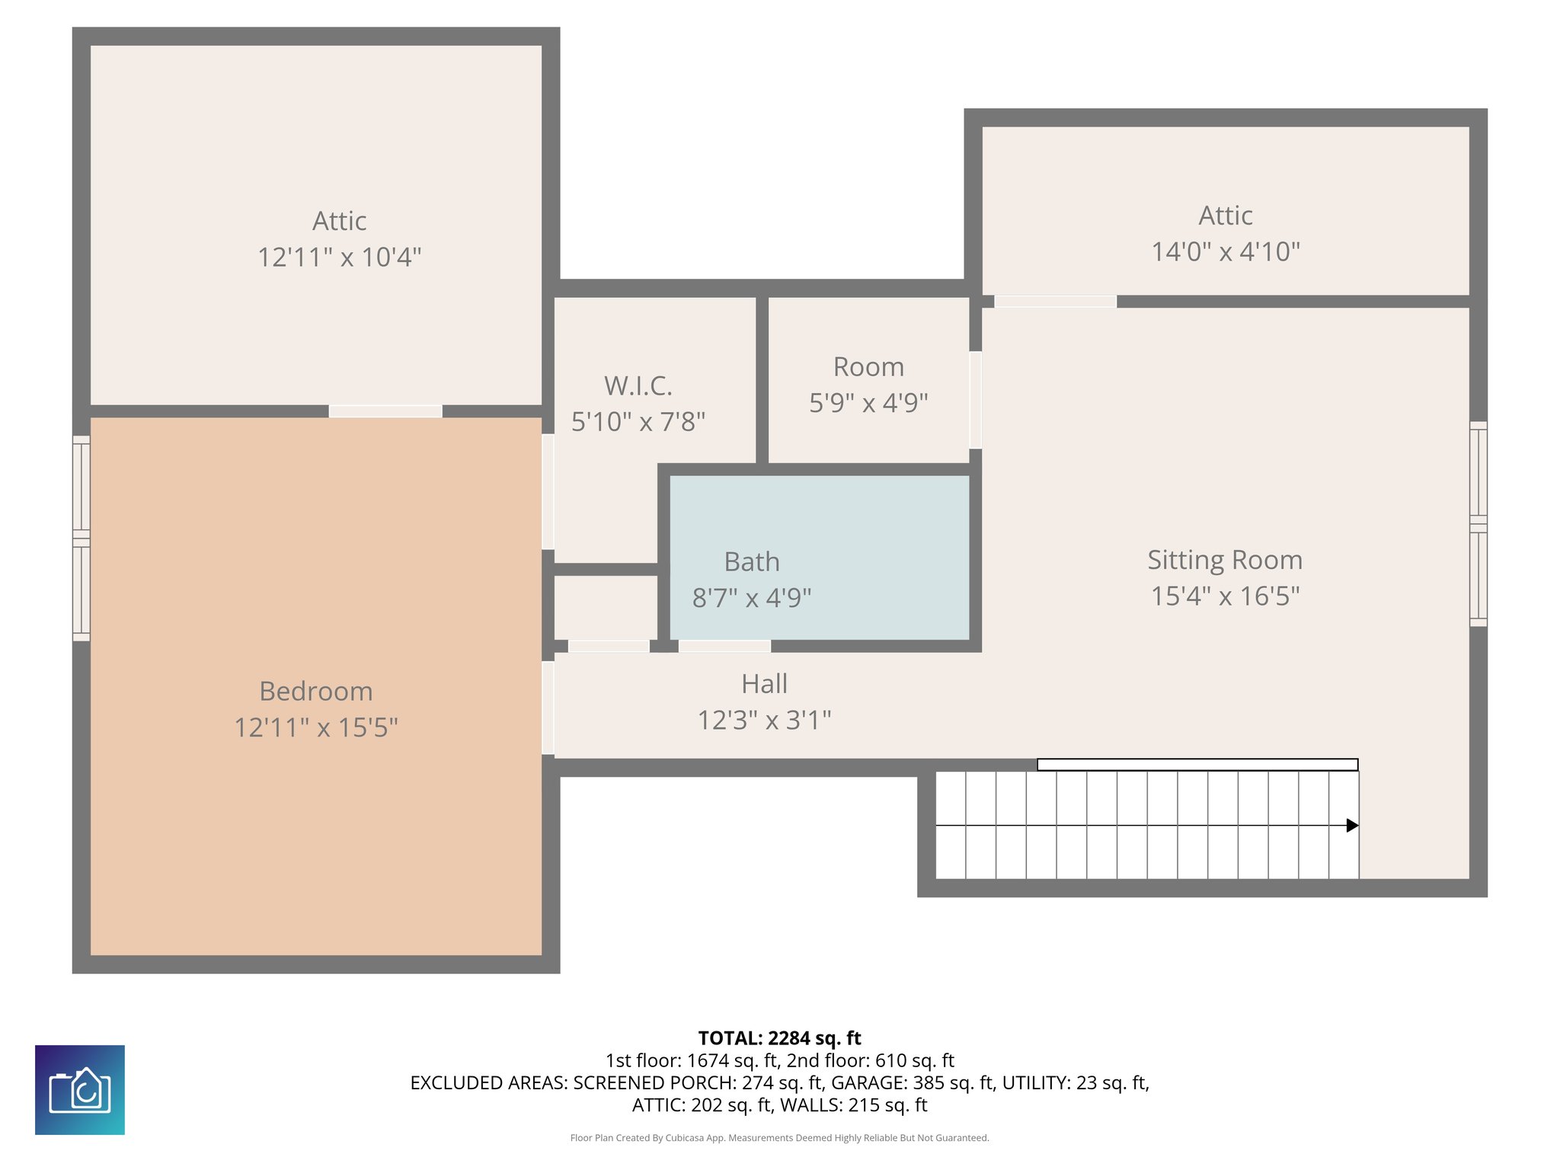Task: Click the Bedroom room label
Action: [316, 691]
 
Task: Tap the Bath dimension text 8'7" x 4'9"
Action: [751, 598]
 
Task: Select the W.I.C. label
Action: [638, 385]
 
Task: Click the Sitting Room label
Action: [1225, 560]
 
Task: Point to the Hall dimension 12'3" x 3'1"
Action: [764, 720]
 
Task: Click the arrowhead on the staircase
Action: [1352, 825]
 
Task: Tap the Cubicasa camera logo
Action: [80, 1089]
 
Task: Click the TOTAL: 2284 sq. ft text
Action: [779, 1038]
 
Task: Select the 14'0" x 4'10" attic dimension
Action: [1225, 251]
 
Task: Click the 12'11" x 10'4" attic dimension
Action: [339, 257]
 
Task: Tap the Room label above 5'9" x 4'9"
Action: [868, 367]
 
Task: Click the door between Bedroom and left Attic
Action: [385, 411]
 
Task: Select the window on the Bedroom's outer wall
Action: [82, 538]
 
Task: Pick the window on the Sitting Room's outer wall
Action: [1478, 524]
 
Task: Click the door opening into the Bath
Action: [724, 646]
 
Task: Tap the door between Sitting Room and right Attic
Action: [1055, 302]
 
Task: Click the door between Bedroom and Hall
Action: [548, 708]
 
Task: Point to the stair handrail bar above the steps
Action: [1197, 764]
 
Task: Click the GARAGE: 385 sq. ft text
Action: [913, 1082]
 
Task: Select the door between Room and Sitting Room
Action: [975, 399]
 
